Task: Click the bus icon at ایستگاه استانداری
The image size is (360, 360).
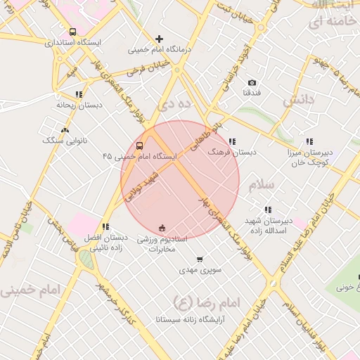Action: [x=73, y=32]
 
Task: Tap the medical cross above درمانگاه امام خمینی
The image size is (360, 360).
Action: [x=160, y=39]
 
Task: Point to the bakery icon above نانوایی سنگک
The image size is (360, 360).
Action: [x=65, y=130]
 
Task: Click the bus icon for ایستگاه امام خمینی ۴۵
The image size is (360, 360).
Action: [x=139, y=146]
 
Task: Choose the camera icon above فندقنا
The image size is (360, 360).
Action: [x=252, y=83]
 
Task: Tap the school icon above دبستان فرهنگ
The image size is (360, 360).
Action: [x=232, y=141]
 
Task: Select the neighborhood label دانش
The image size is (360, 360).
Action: [x=297, y=101]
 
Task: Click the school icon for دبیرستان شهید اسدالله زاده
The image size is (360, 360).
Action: [x=267, y=210]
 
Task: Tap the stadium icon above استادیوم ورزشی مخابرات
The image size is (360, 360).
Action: [x=162, y=227]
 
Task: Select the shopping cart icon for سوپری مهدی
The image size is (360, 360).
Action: [x=200, y=259]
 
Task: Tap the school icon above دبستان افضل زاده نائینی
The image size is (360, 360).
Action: [x=105, y=226]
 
